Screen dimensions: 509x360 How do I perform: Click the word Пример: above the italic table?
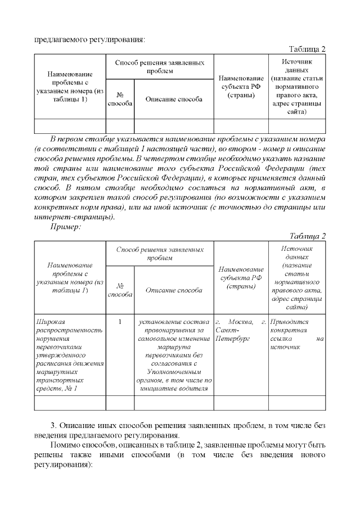pyautogui.click(x=66, y=227)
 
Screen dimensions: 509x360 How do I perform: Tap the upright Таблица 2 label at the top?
pyautogui.click(x=307, y=49)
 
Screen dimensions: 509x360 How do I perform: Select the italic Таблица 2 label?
pyautogui.click(x=307, y=236)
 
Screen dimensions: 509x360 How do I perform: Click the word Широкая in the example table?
pyautogui.click(x=50, y=322)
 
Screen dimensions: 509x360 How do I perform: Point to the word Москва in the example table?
pyautogui.click(x=238, y=322)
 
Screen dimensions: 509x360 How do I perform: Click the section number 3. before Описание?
pyautogui.click(x=54, y=425)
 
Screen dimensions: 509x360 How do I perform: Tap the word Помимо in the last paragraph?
pyautogui.click(x=66, y=445)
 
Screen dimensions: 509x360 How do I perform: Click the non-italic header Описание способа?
pyautogui.click(x=174, y=99)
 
